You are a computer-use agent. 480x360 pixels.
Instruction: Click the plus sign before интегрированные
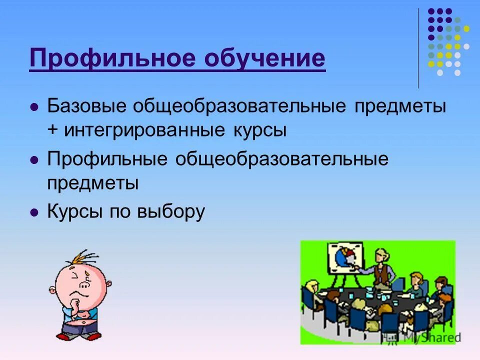click(x=53, y=130)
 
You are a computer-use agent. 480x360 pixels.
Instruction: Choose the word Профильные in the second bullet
click(x=106, y=159)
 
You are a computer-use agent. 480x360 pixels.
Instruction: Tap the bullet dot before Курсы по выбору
click(x=34, y=212)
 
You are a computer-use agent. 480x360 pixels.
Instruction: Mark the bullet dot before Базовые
click(x=34, y=107)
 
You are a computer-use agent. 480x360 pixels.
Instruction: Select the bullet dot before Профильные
click(x=34, y=160)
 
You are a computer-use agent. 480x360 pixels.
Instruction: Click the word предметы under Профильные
click(x=93, y=183)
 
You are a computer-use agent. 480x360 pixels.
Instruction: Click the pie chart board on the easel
click(x=345, y=257)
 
